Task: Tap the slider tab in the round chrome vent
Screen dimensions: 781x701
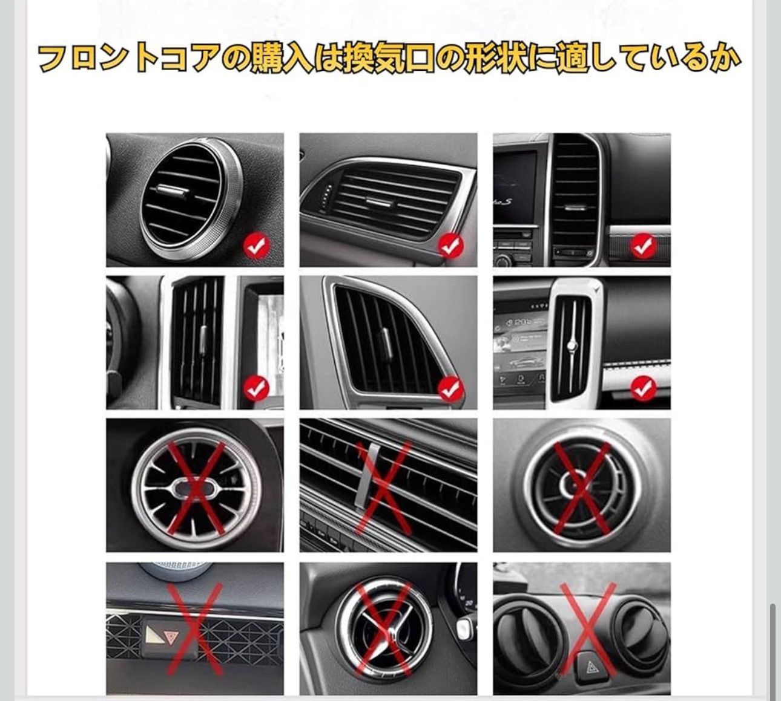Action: pos(173,190)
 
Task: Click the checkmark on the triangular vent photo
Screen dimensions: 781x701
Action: pos(450,389)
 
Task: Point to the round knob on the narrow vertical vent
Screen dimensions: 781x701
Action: pos(573,345)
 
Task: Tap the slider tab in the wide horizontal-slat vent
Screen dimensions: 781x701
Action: pos(380,202)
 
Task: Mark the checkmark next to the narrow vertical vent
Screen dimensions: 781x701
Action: pos(644,389)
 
